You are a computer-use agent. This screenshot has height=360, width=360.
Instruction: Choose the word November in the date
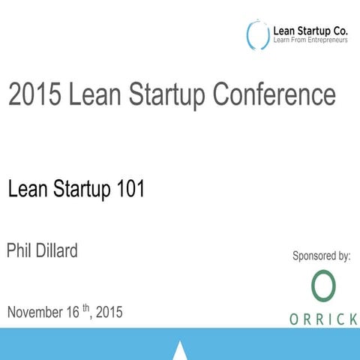[x=37, y=312]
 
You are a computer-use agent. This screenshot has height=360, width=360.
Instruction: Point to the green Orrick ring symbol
[x=323, y=286]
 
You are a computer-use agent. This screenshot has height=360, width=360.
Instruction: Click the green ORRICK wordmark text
[x=323, y=319]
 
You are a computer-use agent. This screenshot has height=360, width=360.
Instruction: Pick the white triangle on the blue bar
[x=180, y=350]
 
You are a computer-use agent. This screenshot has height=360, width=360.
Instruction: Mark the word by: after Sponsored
[x=343, y=256]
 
